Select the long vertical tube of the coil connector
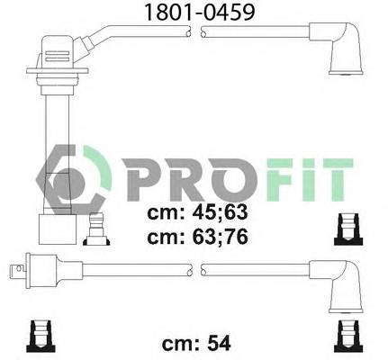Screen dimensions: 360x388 52,144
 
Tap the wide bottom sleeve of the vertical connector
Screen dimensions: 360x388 53,229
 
